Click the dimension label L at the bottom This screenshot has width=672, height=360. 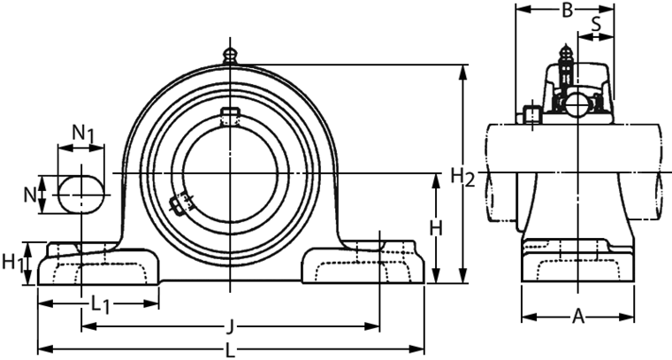(230, 349)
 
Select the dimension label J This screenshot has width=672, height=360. (230, 326)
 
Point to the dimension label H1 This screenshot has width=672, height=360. (12, 262)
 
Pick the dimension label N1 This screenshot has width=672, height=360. (83, 133)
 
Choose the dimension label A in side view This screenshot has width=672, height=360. (578, 316)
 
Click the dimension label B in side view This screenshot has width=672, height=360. (568, 11)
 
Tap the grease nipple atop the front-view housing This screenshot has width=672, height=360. (230, 55)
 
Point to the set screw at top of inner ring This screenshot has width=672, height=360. (230, 115)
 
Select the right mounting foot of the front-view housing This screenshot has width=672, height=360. (363, 265)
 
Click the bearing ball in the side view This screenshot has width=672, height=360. (577, 104)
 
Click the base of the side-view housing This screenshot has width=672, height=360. (578, 265)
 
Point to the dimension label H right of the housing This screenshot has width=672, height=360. (435, 227)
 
